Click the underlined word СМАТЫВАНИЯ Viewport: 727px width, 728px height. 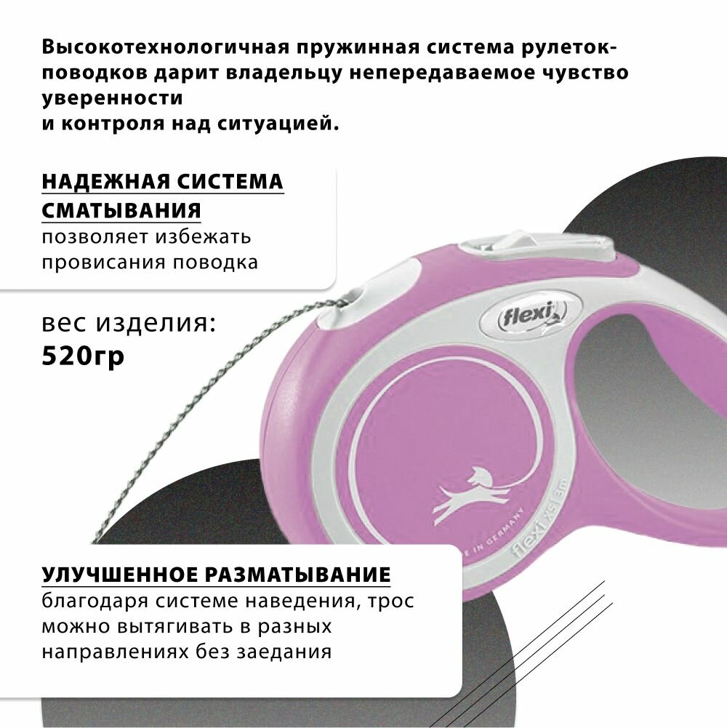click(121, 210)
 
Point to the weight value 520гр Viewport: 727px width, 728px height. click(83, 357)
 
